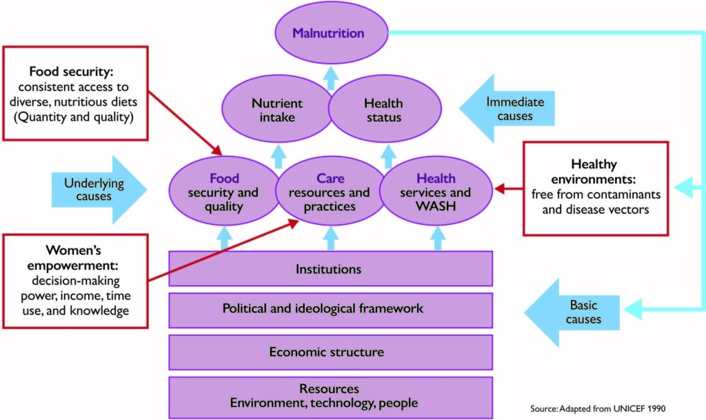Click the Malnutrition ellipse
coord(328,33)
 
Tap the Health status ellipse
coord(383,110)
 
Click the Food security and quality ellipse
coord(223,192)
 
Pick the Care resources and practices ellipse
coord(330,192)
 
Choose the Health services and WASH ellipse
coord(436,192)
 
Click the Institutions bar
coord(328,268)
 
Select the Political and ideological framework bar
coord(323,308)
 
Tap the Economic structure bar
coord(327,352)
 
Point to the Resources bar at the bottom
coord(329,396)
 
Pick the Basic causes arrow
coord(576,312)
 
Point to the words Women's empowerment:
coord(74,258)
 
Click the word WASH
coord(436,206)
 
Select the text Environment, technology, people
coord(324,403)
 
